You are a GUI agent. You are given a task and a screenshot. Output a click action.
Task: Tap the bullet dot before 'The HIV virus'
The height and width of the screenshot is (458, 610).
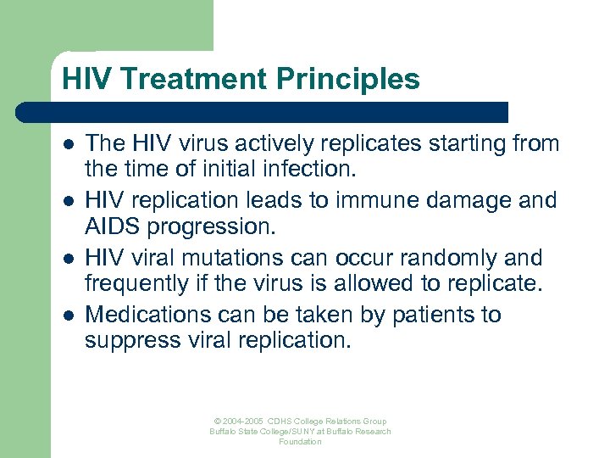pyautogui.click(x=67, y=145)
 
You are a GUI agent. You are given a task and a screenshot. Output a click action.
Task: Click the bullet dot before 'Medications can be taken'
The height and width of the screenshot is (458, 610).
pyautogui.click(x=67, y=316)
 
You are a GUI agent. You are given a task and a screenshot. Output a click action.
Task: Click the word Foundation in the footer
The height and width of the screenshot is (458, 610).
pyautogui.click(x=300, y=442)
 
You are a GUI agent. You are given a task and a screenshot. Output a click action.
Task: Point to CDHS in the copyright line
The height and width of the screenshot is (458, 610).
pyautogui.click(x=280, y=422)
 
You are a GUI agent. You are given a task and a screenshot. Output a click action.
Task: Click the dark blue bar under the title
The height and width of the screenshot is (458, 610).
pyautogui.click(x=263, y=112)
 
